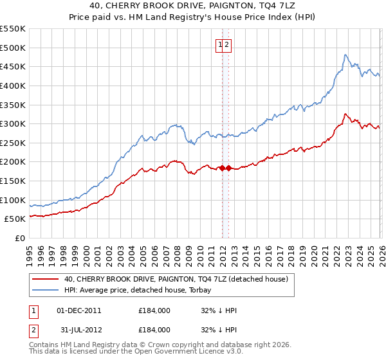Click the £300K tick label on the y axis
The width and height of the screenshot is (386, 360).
pyautogui.click(x=13, y=123)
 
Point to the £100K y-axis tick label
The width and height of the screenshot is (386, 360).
pyautogui.click(x=13, y=200)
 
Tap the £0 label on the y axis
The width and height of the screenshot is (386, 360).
pyautogui.click(x=19, y=238)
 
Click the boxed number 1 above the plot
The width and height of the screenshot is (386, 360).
pyautogui.click(x=220, y=44)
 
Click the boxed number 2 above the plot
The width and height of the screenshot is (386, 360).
pyautogui.click(x=228, y=44)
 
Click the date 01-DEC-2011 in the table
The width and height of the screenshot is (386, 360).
pyautogui.click(x=78, y=310)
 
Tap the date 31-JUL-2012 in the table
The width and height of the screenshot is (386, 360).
pyautogui.click(x=78, y=329)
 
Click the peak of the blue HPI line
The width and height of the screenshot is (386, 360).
pyautogui.click(x=345, y=55)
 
